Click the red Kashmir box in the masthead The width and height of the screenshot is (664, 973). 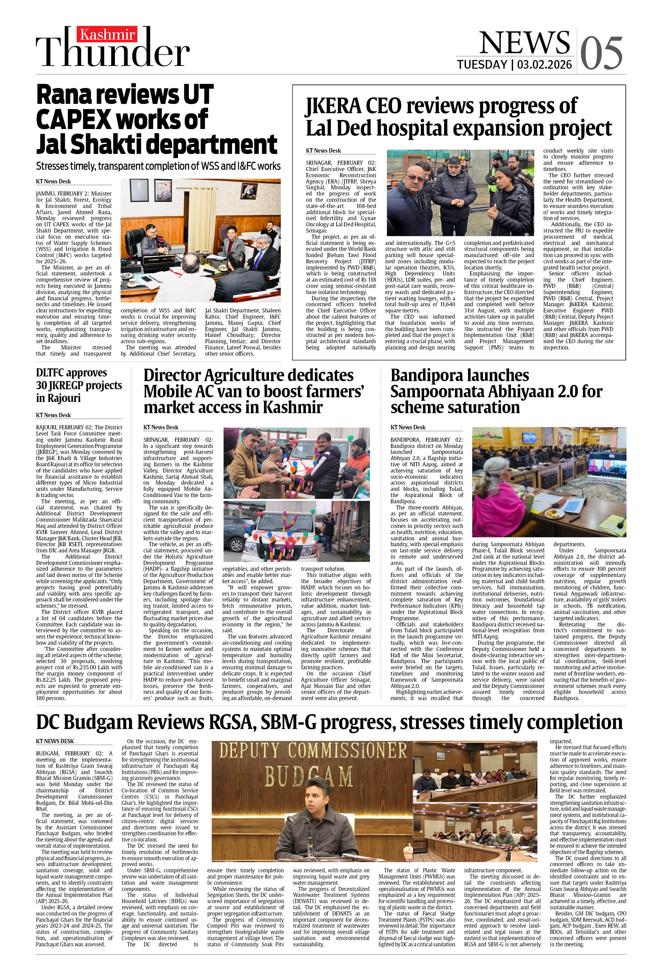click(108, 34)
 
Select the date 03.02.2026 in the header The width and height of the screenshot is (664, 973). click(544, 64)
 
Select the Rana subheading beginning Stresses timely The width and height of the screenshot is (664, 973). click(158, 166)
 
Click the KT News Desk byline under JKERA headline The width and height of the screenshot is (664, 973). click(323, 151)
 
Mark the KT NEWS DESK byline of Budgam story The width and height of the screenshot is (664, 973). click(55, 741)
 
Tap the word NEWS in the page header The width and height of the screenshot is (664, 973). click(524, 42)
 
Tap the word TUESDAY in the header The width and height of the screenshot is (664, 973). click(482, 64)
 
